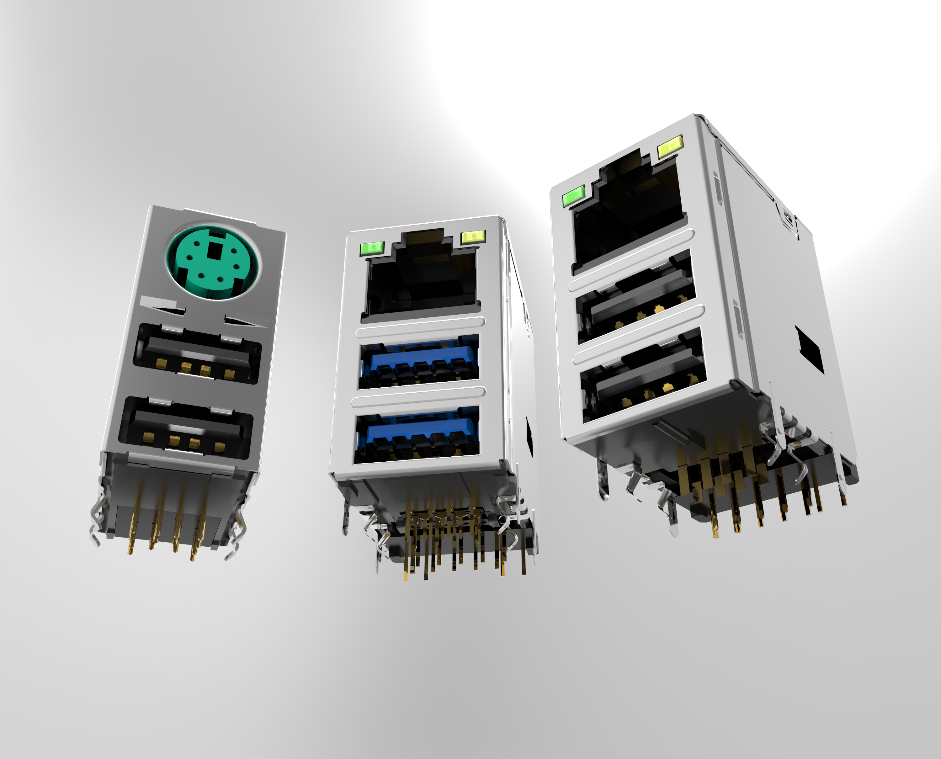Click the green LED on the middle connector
point(371,248)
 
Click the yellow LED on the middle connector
point(473,236)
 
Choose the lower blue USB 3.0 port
point(417,434)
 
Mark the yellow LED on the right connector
point(670,147)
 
